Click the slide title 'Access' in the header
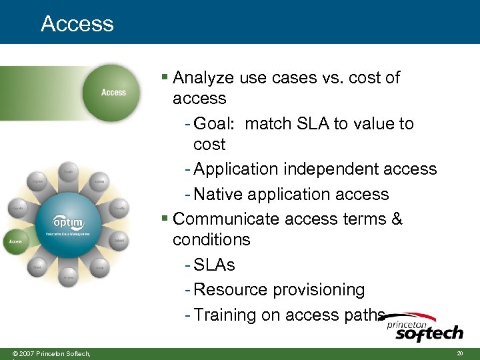tap(77, 24)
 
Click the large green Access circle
tap(112, 92)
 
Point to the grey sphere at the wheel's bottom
tap(68, 275)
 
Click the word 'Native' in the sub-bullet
tap(219, 195)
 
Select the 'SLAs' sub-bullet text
tap(214, 265)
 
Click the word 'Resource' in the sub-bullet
tap(227, 290)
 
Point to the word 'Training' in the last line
tap(225, 315)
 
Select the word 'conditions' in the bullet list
tap(211, 240)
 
